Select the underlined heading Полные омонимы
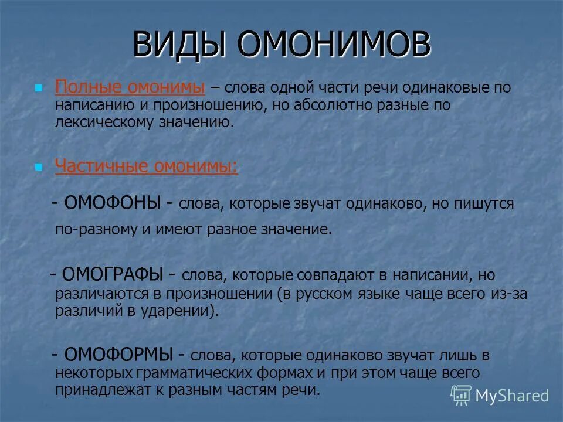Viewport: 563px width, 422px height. (130, 88)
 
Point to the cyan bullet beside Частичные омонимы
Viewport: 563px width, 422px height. (39, 167)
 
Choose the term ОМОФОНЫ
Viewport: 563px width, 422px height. (113, 203)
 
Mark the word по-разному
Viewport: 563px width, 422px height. (96, 229)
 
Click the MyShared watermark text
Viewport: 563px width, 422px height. (511, 396)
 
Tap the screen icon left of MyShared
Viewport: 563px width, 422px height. (461, 396)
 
